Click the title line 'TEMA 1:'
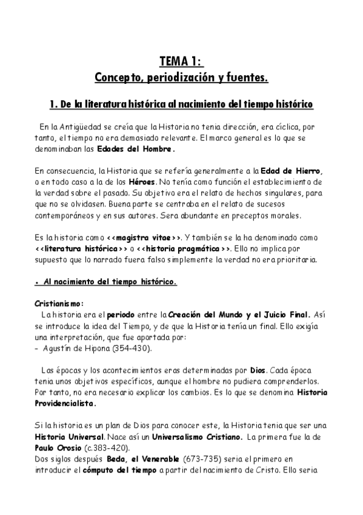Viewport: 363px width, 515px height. (181, 61)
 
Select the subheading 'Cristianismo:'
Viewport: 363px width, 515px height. (59, 304)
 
